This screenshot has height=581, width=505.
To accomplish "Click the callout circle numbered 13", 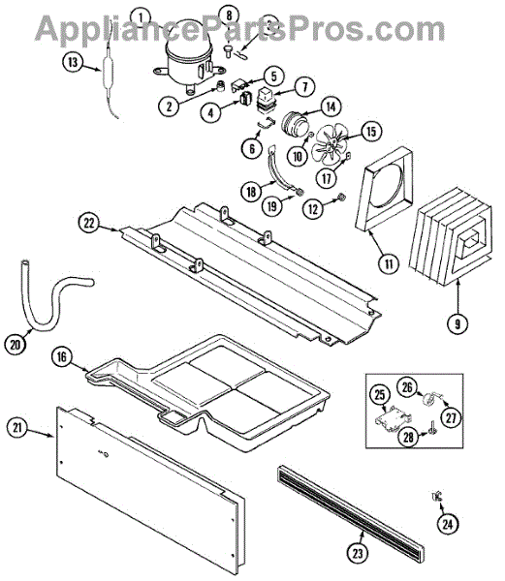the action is pyautogui.click(x=73, y=62).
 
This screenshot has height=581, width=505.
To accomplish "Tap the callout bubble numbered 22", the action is pyautogui.click(x=89, y=224).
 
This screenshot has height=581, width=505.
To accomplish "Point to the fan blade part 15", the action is pyautogui.click(x=330, y=143).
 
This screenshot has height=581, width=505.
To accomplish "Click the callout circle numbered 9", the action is pyautogui.click(x=458, y=324).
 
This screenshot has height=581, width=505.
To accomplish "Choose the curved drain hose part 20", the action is pyautogui.click(x=52, y=296).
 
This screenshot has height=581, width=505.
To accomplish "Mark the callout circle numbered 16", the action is pyautogui.click(x=62, y=356).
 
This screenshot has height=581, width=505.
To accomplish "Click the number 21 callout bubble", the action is pyautogui.click(x=17, y=428).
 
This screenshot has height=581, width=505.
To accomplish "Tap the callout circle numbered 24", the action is pyautogui.click(x=448, y=524).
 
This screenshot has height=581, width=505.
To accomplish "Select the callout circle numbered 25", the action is pyautogui.click(x=380, y=395).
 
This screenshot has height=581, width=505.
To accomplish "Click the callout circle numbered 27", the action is pyautogui.click(x=451, y=418).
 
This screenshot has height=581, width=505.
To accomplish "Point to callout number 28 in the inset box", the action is pyautogui.click(x=408, y=438).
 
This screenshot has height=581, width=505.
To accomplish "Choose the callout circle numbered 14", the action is pyautogui.click(x=331, y=107).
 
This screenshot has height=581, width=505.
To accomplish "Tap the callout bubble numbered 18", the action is pyautogui.click(x=251, y=192).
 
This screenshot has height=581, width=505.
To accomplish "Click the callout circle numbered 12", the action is pyautogui.click(x=313, y=209).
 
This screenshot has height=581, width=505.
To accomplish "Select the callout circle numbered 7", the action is pyautogui.click(x=304, y=87).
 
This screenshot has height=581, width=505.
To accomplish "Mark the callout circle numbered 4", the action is pyautogui.click(x=211, y=112).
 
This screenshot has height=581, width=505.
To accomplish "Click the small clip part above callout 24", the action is pyautogui.click(x=437, y=496).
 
